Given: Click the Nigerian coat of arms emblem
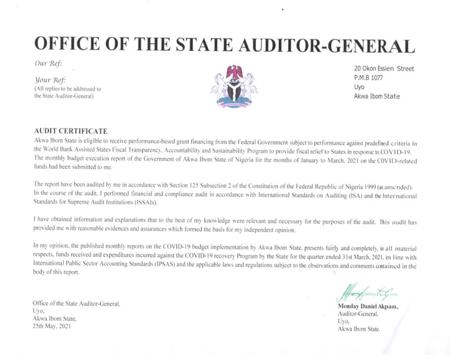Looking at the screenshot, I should [x=234, y=86].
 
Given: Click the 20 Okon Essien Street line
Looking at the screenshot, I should [x=384, y=69].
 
